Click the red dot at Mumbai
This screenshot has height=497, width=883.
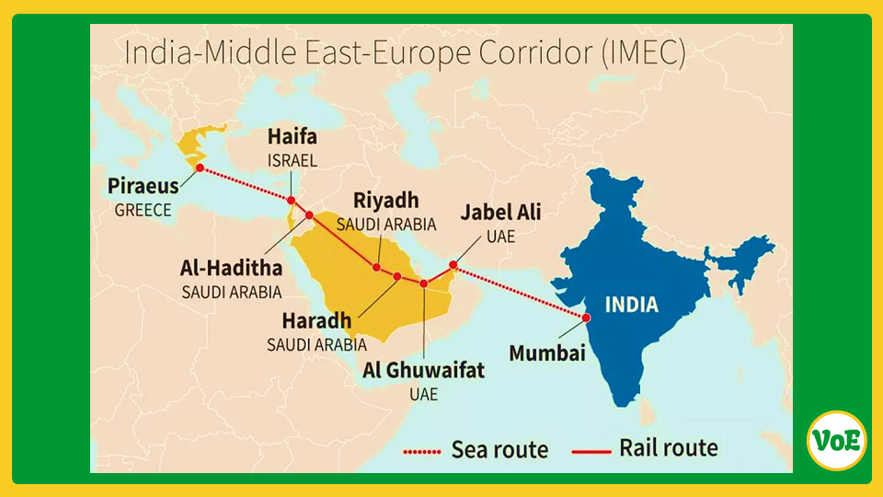pyautogui.click(x=585, y=318)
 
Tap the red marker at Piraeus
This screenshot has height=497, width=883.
pyautogui.click(x=200, y=168)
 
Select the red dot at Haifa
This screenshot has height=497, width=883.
pyautogui.click(x=291, y=201)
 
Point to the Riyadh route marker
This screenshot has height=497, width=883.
pyautogui.click(x=377, y=267)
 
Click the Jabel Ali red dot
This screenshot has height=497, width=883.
pyautogui.click(x=453, y=265)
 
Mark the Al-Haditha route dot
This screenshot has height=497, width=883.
pyautogui.click(x=309, y=215)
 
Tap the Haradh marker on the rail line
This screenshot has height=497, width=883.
pyautogui.click(x=397, y=276)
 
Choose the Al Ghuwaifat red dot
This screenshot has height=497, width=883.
pyautogui.click(x=424, y=283)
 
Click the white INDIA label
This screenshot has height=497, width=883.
pyautogui.click(x=631, y=304)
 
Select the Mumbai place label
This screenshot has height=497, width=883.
pyautogui.click(x=547, y=353)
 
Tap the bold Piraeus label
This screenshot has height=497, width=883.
pyautogui.click(x=143, y=187)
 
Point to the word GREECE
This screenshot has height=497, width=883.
pyautogui.click(x=143, y=211)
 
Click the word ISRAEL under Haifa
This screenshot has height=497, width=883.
pyautogui.click(x=292, y=160)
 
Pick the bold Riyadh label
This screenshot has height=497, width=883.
pyautogui.click(x=386, y=200)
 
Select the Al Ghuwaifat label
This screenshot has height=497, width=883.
pyautogui.click(x=423, y=370)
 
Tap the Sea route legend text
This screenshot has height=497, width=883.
pyautogui.click(x=499, y=450)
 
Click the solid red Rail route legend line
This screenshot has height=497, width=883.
pyautogui.click(x=591, y=450)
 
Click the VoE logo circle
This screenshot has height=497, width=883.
pyautogui.click(x=836, y=440)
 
